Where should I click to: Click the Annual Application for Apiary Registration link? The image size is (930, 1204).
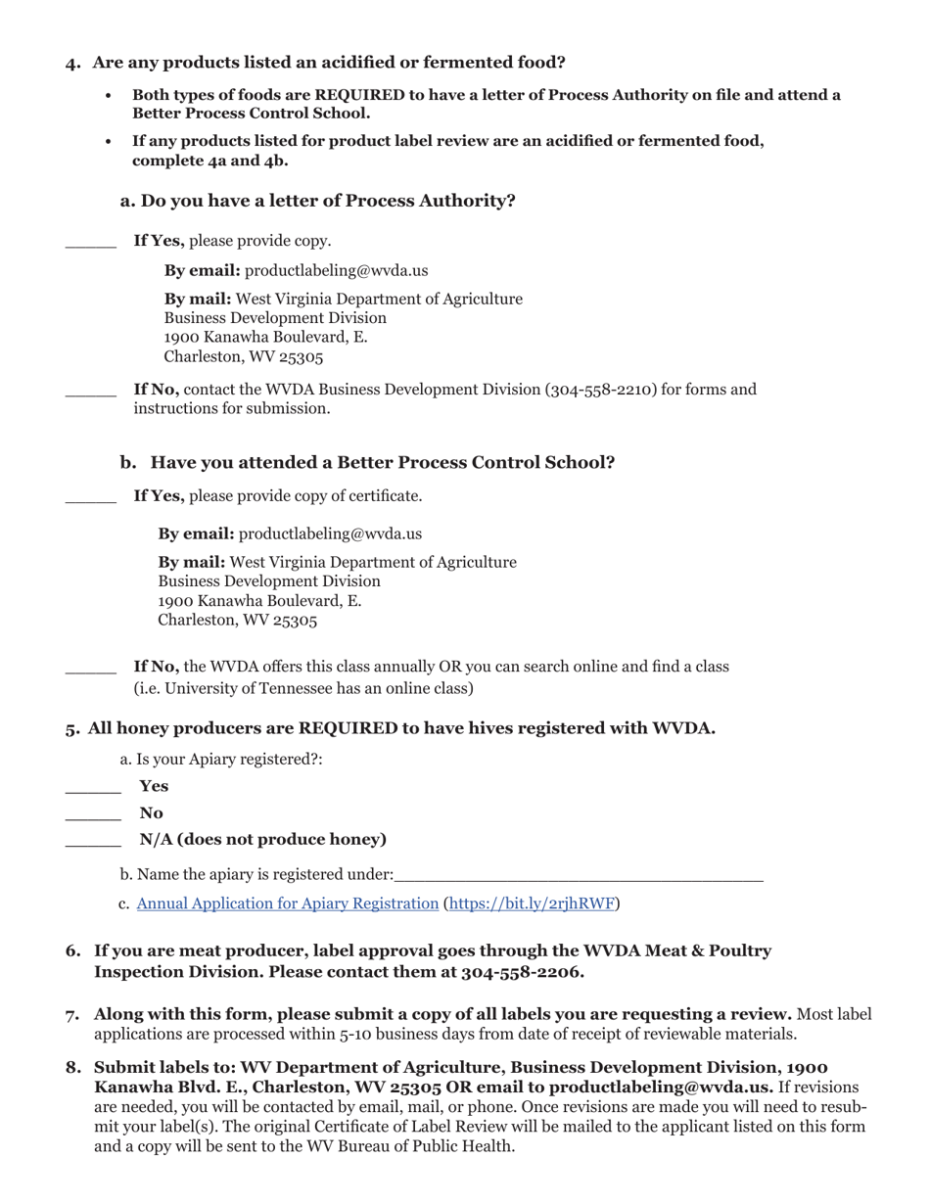(x=287, y=903)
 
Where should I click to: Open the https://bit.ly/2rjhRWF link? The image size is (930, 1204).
(x=531, y=903)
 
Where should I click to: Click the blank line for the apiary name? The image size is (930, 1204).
(x=578, y=875)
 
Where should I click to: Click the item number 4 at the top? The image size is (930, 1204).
(x=72, y=63)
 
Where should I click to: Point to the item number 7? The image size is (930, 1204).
(x=72, y=1015)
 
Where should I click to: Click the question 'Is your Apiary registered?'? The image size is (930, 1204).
(x=221, y=760)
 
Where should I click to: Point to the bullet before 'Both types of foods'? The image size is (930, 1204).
(x=109, y=96)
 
